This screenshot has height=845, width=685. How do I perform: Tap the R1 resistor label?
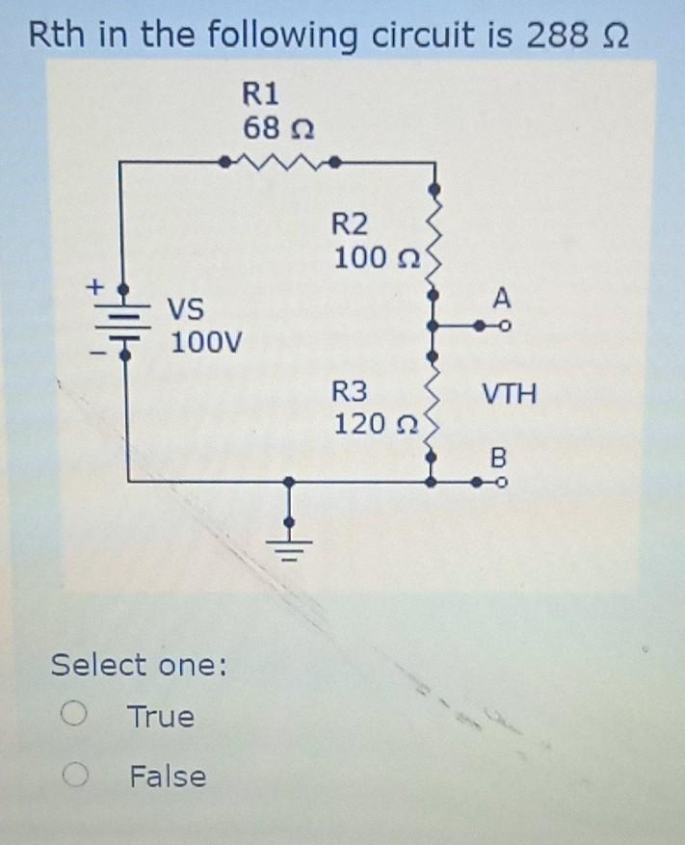click(x=260, y=92)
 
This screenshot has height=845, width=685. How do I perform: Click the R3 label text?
click(x=350, y=391)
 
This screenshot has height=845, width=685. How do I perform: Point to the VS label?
click(x=187, y=310)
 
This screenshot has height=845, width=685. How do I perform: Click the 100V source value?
click(x=206, y=342)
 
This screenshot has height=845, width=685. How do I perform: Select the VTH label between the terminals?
click(x=510, y=393)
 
